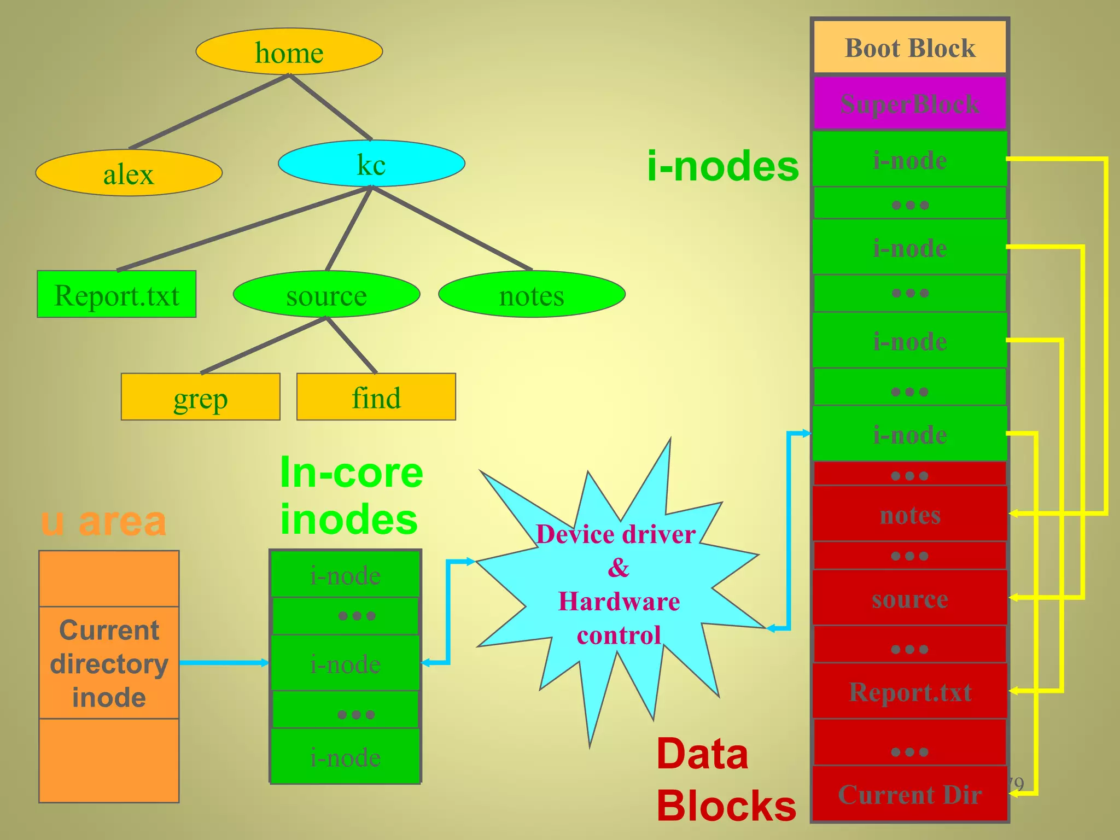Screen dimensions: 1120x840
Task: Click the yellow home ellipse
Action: pos(289,52)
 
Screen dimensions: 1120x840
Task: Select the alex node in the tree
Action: pos(129,173)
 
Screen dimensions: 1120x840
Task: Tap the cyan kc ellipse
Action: pos(371,164)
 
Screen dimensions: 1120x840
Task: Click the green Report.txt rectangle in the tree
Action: pos(116,295)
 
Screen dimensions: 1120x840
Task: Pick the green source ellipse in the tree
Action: pos(326,295)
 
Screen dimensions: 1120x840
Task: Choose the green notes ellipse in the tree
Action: pos(532,295)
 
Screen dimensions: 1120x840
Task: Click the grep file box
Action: pos(200,398)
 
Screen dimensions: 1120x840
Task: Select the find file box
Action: pos(376,398)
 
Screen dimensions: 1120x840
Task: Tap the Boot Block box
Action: pos(909,48)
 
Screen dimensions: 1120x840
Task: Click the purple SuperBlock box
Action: pos(909,104)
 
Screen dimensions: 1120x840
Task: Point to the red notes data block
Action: pos(909,514)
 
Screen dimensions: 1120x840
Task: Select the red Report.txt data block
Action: pos(909,692)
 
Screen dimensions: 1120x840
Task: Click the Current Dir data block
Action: pos(909,794)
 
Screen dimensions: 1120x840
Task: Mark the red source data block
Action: pos(909,598)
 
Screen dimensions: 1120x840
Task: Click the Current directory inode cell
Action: pos(109,663)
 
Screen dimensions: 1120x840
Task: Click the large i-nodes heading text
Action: pos(722,166)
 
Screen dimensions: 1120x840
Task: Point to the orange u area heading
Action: pos(103,521)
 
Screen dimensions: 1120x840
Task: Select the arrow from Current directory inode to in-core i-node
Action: pos(224,663)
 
